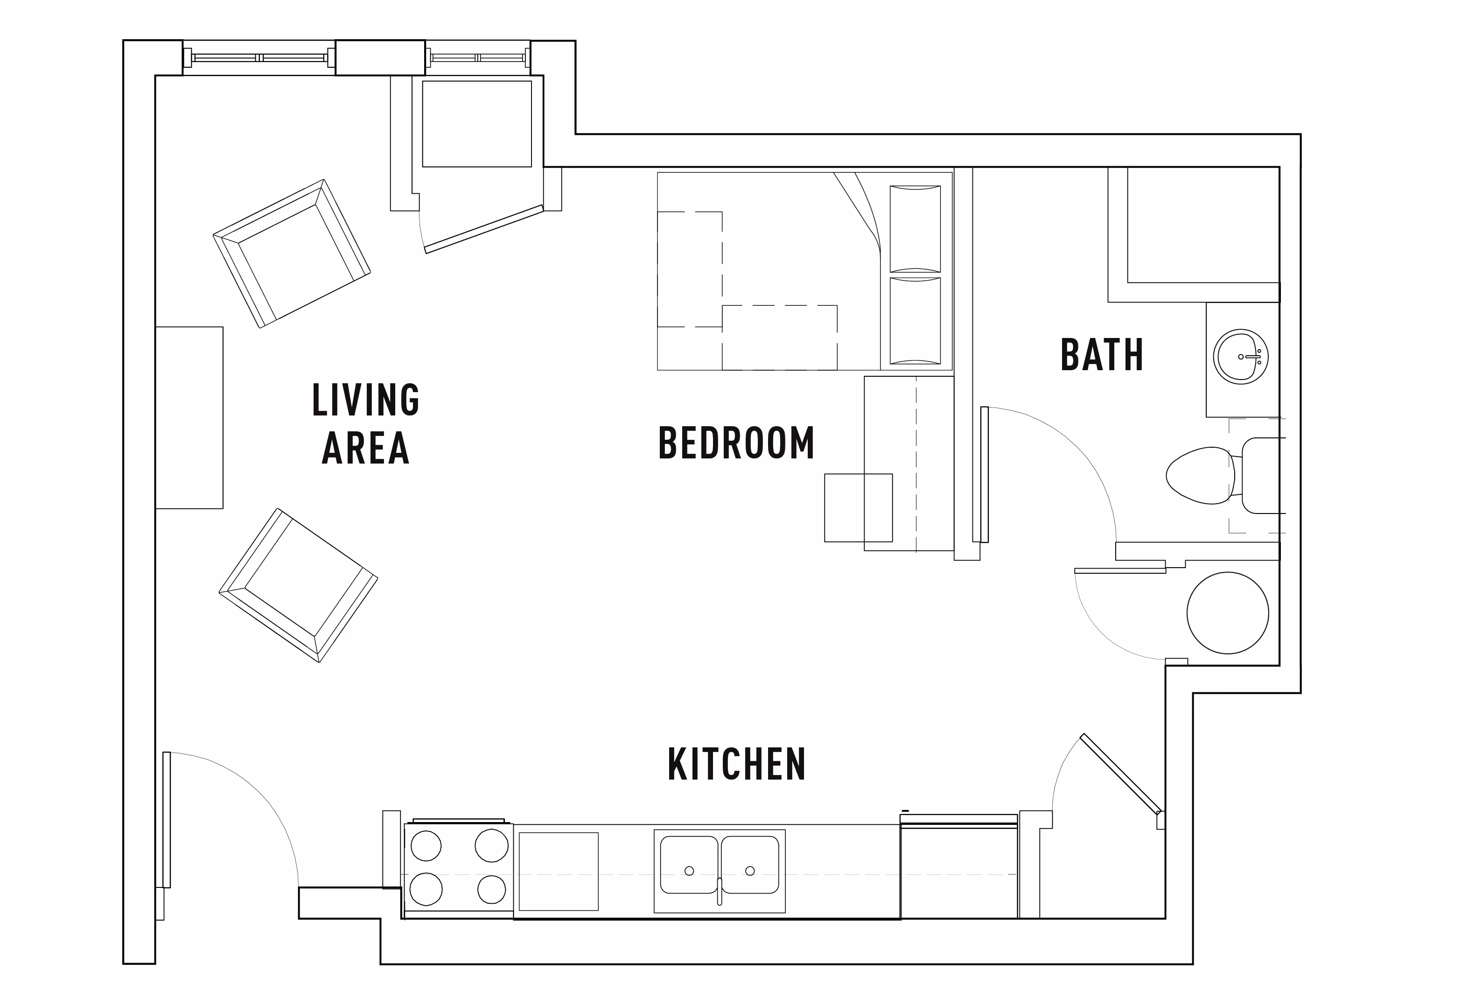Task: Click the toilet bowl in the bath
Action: (1199, 475)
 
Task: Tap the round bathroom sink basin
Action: (1241, 357)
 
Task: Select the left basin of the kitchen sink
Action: (689, 865)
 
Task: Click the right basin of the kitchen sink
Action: (750, 865)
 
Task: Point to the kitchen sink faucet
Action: (720, 891)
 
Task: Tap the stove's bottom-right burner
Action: (491, 890)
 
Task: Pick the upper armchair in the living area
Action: (292, 253)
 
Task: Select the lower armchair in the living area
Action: (298, 585)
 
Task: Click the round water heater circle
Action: (1227, 613)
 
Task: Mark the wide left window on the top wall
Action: (259, 57)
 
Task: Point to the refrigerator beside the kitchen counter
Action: (959, 867)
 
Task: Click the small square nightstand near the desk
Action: (859, 507)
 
